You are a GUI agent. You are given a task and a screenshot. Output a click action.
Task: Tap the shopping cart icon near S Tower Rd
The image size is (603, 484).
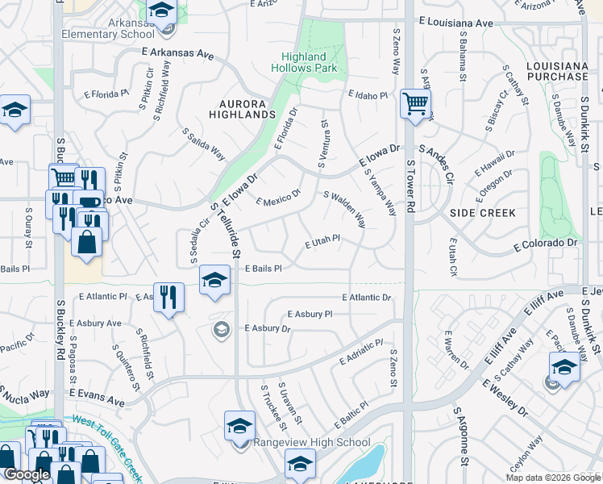coord(415,103)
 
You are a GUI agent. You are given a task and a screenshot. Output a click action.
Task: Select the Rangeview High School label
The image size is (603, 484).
coord(312,442)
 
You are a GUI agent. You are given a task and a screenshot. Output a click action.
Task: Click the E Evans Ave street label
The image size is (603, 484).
coord(97,392)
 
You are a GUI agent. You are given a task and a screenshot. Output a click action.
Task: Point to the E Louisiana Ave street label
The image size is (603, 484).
coord(455,24)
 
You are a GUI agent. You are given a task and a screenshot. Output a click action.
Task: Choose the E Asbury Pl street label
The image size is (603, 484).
coord(308,314)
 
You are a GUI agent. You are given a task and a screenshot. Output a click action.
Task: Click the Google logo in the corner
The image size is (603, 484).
coord(27,474)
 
